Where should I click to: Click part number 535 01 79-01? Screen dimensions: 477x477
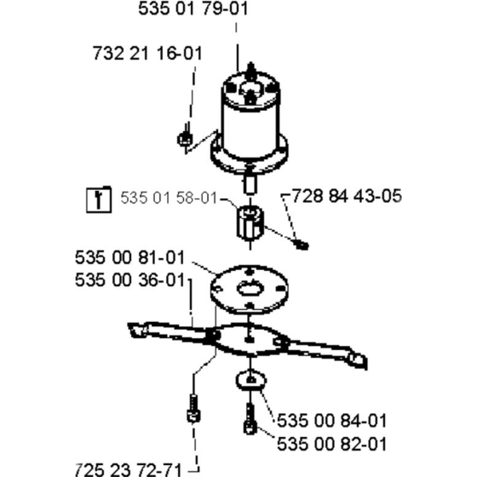click(193, 9)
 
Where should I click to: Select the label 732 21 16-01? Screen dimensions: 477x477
click(147, 53)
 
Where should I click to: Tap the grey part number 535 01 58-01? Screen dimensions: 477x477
click(170, 198)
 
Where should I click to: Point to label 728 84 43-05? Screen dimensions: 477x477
click(347, 196)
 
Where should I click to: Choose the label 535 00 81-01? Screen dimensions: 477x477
click(129, 257)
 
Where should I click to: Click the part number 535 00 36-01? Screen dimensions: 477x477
click(129, 280)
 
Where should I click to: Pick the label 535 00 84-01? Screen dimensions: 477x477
click(332, 421)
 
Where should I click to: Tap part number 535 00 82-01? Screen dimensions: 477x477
click(332, 444)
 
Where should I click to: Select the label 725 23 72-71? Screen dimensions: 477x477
click(128, 470)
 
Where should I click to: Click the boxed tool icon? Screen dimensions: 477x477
click(99, 199)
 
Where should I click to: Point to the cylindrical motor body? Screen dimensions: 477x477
click(250, 122)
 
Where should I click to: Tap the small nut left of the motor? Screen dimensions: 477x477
click(184, 139)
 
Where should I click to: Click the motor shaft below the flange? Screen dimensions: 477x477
click(250, 183)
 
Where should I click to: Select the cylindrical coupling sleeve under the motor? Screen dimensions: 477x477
click(250, 223)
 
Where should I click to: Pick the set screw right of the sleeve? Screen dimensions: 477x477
click(302, 244)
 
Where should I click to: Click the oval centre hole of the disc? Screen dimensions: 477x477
click(250, 288)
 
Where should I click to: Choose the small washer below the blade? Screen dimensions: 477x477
click(250, 381)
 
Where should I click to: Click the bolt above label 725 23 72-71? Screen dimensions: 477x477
click(193, 408)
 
